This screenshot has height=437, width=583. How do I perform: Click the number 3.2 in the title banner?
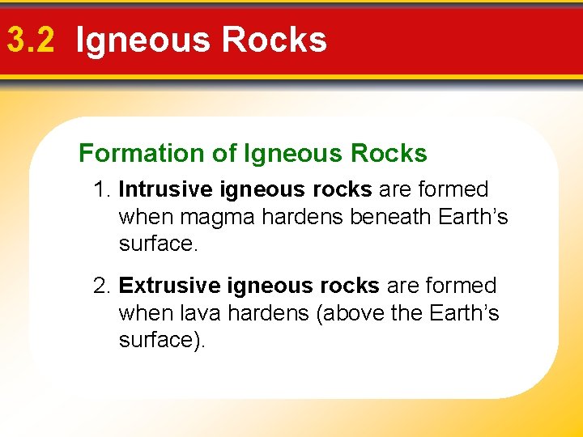pos(31,40)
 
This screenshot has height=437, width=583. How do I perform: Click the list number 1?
pos(102,189)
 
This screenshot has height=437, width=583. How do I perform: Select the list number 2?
pos(102,286)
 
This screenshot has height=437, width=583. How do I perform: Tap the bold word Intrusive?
pos(163,189)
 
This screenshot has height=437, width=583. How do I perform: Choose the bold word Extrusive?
pos(167,286)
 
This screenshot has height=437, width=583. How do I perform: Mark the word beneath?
pos(389,216)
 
